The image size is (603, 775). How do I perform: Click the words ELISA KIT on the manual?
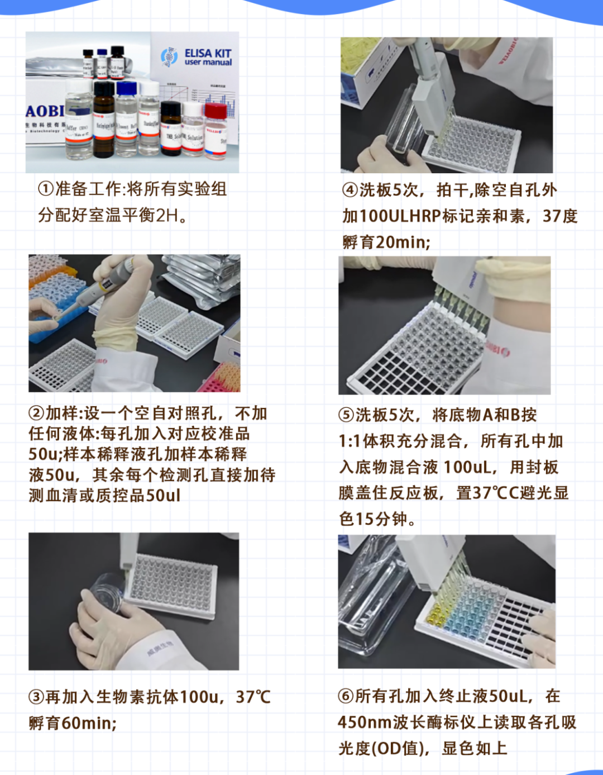(208, 54)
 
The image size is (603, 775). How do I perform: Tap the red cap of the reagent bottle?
(216, 110)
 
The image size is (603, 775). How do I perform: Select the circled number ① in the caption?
(46, 189)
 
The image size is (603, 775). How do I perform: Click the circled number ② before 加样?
(36, 413)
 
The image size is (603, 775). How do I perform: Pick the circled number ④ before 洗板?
(350, 190)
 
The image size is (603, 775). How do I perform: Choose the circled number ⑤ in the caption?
(346, 415)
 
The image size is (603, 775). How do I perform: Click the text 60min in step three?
(88, 723)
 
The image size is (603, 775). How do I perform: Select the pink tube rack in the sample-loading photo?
(220, 379)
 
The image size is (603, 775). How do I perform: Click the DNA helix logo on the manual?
(169, 56)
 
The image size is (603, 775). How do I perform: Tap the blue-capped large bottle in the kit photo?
(126, 120)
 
